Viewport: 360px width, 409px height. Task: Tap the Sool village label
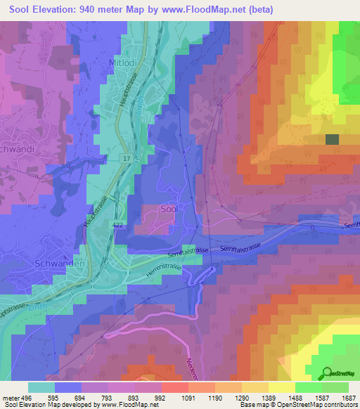coord(169,209)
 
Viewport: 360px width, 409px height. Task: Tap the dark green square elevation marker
coord(332,139)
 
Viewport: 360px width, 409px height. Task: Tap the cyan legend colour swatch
coord(41,387)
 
